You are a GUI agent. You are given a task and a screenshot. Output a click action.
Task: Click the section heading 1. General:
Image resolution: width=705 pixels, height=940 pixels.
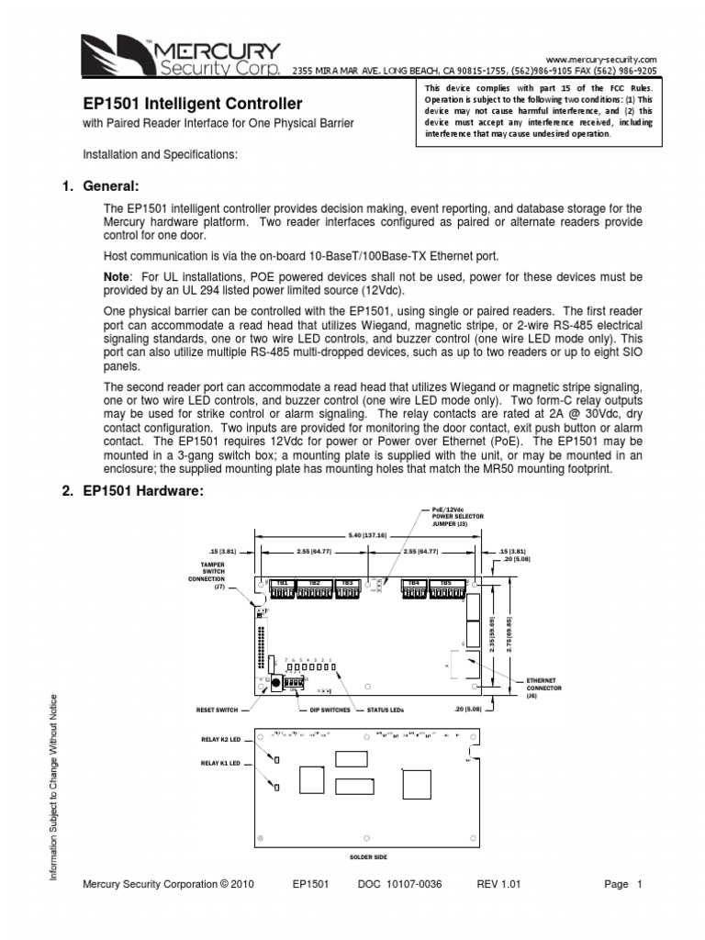pos(100,186)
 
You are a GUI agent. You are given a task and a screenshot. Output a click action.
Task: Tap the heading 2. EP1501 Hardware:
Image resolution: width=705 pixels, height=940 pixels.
pos(131,491)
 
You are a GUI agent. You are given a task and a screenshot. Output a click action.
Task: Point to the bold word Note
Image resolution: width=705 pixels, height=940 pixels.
pos(117,276)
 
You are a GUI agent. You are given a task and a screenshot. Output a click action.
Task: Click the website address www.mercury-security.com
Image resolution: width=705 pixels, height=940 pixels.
pos(601,58)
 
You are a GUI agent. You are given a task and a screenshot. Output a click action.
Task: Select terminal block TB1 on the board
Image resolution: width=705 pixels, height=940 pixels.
pos(282,583)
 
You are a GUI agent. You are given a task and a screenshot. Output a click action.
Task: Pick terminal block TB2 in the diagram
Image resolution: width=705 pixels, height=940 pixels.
pos(314,583)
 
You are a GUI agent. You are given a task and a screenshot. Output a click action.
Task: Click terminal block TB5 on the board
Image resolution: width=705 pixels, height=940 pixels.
pos(446,583)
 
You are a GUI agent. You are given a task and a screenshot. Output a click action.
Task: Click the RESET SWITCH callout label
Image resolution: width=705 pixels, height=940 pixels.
pos(217,710)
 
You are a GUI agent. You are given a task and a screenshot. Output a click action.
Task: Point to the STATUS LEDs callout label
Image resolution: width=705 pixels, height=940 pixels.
pos(385,710)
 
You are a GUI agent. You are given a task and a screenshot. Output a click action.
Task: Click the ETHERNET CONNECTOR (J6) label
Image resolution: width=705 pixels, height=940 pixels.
pos(543,688)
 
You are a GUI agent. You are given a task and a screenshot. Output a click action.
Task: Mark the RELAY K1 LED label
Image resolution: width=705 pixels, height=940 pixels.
pos(219,763)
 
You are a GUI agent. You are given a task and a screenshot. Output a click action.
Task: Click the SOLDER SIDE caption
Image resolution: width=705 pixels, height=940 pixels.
pos(368,856)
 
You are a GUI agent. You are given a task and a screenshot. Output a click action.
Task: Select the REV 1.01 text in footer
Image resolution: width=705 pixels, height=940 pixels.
pos(498,885)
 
